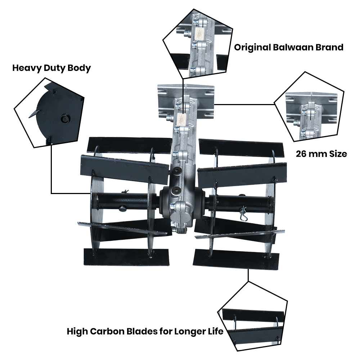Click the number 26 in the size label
302,154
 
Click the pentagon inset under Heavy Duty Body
50,112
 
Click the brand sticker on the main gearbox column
182,117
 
